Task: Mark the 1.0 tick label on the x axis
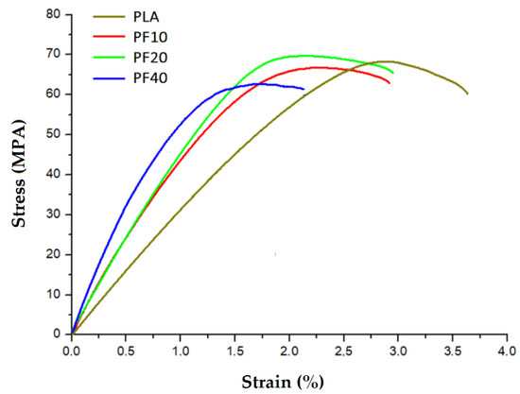point(180,351)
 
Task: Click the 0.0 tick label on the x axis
point(72,351)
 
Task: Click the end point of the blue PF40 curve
point(303,89)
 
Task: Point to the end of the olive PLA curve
point(467,94)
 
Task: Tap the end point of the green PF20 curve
point(392,72)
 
